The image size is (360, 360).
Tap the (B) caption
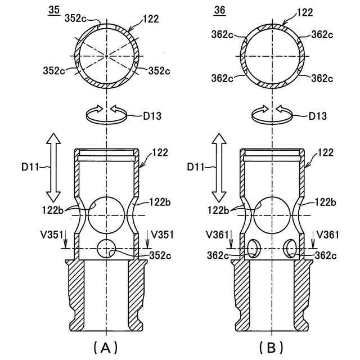click(271, 346)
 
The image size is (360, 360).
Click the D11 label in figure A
click(30, 167)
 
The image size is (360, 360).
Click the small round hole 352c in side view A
click(106, 247)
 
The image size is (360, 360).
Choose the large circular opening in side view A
click(106, 214)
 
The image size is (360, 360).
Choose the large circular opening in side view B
click(271, 214)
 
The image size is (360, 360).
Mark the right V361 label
click(326, 233)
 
